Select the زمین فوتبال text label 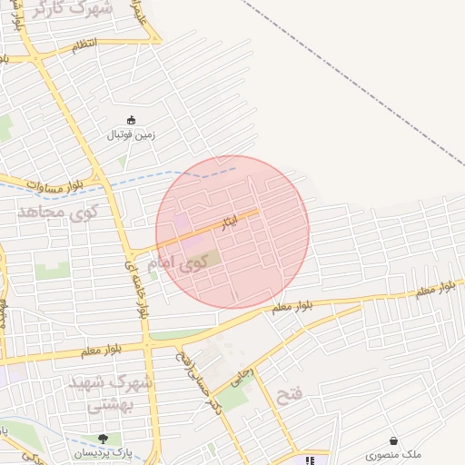pos(133,135)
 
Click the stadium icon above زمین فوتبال pos(132,120)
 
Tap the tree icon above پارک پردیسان pos(103,439)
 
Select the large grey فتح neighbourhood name pos(287,394)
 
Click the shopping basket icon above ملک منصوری pos(393,440)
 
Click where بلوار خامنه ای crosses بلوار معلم pos(146,344)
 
